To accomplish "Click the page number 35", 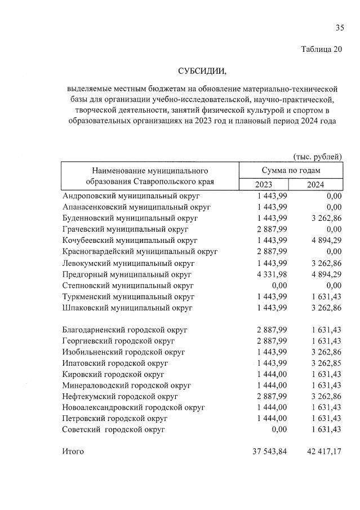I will point(339,28).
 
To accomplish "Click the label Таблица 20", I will point(322,49).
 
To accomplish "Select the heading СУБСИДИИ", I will point(201,72).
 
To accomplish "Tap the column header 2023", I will point(263,185).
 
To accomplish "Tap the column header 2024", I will point(315,185).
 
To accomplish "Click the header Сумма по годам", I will point(290,170).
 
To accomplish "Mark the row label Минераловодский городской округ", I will point(127,385).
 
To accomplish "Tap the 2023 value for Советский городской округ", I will point(277,429).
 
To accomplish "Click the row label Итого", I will point(73,451).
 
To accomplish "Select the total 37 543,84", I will point(270,451).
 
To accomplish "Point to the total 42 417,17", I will point(319,451).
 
